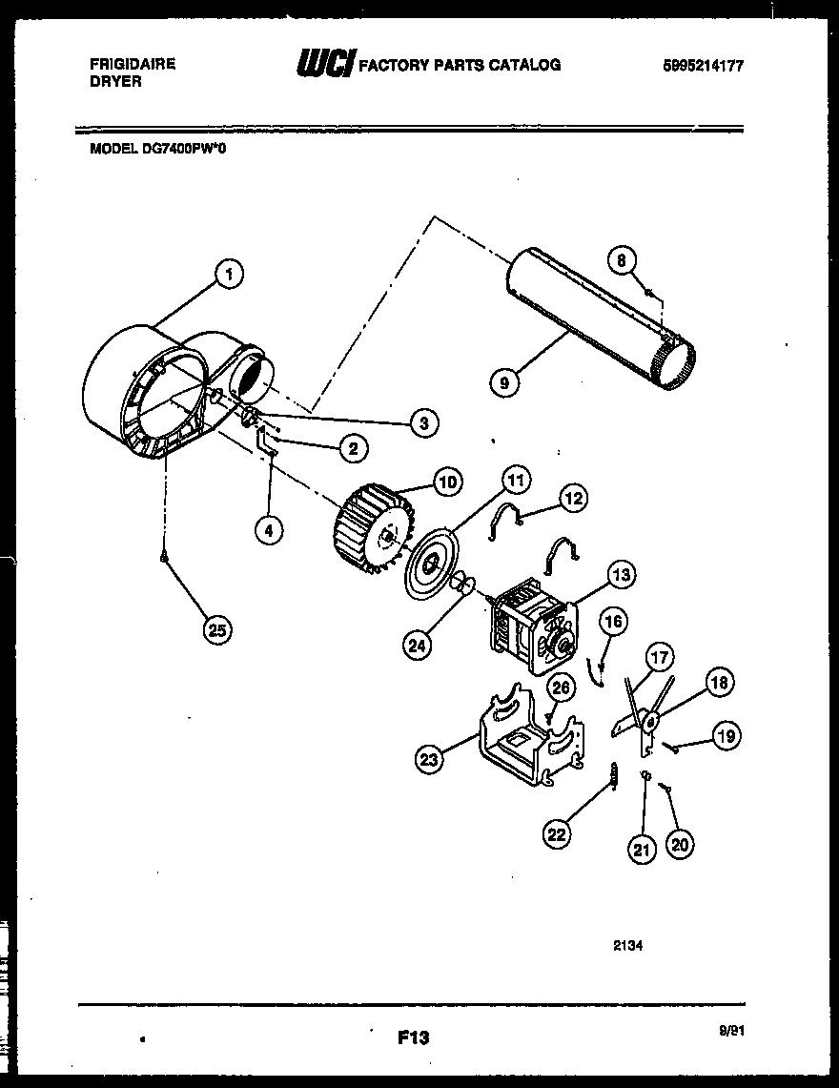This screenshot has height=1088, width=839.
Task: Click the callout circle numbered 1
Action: click(228, 275)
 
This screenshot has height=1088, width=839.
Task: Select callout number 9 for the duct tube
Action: click(503, 383)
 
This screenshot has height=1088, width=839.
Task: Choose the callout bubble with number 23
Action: click(430, 759)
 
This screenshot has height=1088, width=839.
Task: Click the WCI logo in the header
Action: click(325, 65)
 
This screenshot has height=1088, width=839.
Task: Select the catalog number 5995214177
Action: click(704, 66)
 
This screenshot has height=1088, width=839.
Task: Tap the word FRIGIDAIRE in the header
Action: click(133, 64)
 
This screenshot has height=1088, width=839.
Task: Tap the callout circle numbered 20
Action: click(680, 842)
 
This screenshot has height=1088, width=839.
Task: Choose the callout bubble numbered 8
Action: click(623, 259)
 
